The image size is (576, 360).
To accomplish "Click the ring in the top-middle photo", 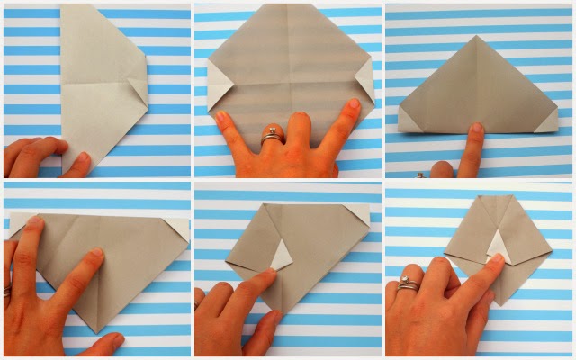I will point(268,139).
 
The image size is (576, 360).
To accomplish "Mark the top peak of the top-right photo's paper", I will point(475,39).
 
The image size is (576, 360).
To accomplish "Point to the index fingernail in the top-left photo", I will point(83,158).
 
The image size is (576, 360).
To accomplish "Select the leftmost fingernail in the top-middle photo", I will point(221,118).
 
